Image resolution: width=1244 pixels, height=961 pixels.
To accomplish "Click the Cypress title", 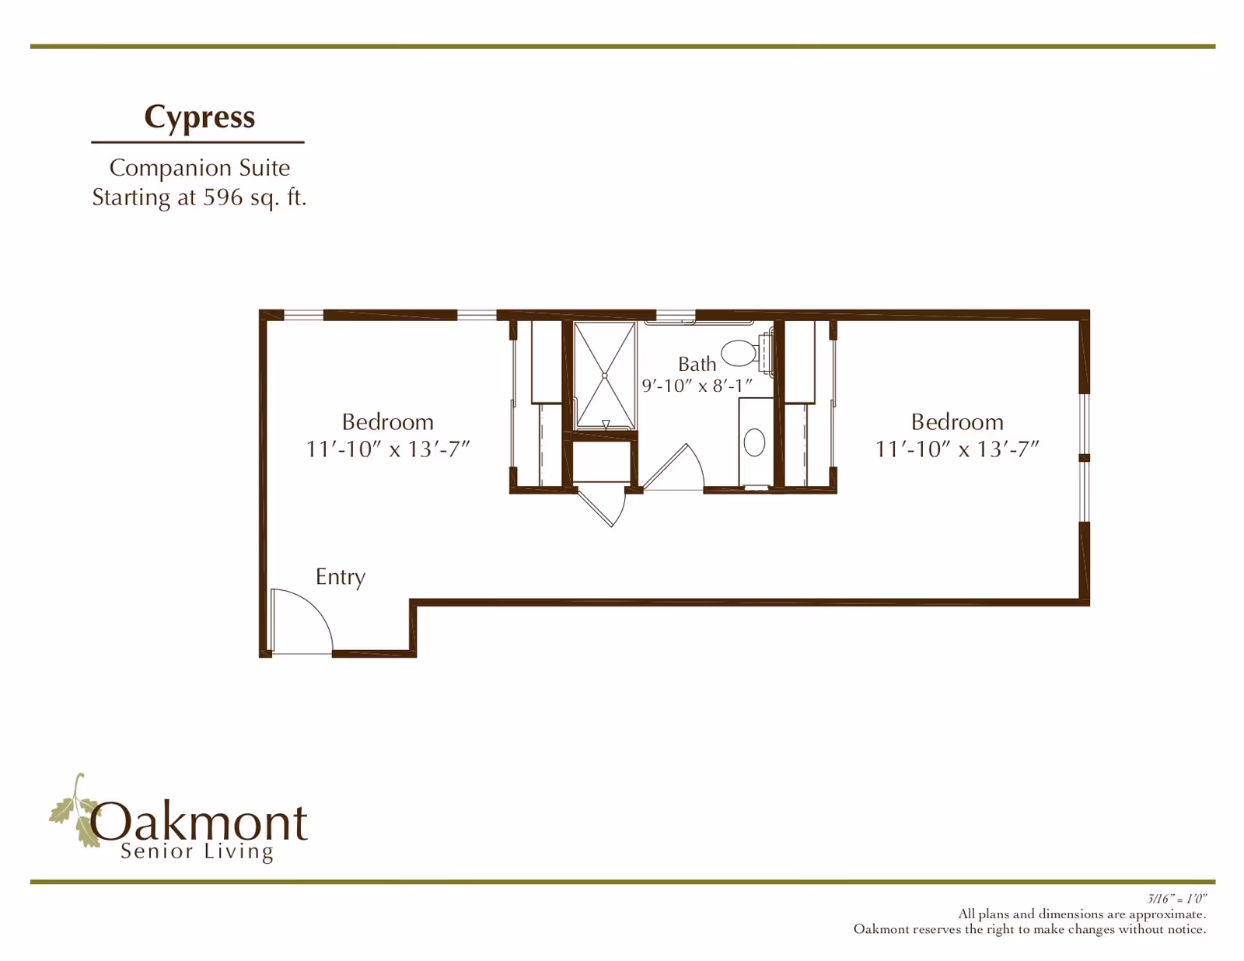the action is tap(199, 117).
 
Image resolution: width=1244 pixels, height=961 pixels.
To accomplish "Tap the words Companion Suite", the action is tap(200, 168).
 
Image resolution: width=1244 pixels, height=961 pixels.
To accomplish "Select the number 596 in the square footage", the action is tap(223, 197).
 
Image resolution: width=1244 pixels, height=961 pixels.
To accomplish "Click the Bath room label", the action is tap(697, 364).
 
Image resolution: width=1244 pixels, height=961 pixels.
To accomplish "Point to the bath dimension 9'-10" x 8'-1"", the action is tap(697, 386).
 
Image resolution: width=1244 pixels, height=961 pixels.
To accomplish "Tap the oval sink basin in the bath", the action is tap(754, 442).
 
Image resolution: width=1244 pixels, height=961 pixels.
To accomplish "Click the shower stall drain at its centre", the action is tap(605, 376).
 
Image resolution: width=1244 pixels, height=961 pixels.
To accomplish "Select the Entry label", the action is tap(341, 578).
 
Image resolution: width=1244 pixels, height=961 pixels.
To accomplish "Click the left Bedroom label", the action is tap(387, 422).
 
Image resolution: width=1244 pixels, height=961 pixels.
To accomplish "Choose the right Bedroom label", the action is tap(957, 422).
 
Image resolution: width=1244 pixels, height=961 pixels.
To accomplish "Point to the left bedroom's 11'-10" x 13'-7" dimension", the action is tap(387, 449).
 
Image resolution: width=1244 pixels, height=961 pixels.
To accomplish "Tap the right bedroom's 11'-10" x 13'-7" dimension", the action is tap(956, 449).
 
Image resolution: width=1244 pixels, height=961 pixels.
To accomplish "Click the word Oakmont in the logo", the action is tap(198, 823).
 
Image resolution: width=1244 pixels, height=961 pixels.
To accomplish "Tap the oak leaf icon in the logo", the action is tap(75, 810).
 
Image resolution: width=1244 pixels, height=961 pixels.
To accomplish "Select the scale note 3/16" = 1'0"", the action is tap(1176, 899).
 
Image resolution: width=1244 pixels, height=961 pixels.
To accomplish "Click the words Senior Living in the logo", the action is tap(197, 851).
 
